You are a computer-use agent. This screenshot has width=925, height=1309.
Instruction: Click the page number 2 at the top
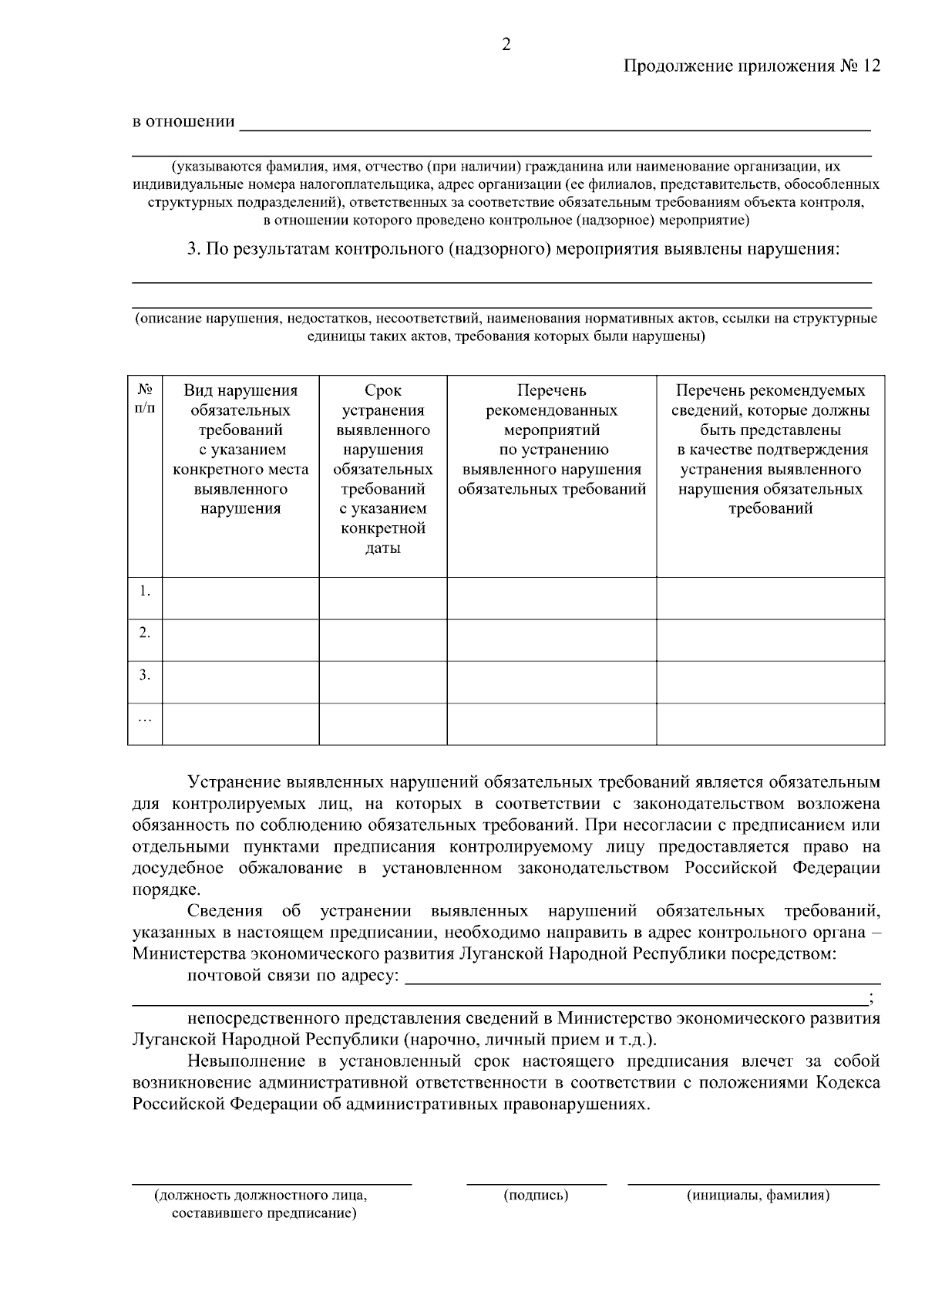(x=506, y=45)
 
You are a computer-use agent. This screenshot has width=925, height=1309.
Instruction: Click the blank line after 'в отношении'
(x=555, y=123)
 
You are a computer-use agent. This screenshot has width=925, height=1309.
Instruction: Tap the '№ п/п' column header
(x=144, y=399)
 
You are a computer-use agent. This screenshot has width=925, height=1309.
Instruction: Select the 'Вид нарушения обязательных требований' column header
(x=240, y=449)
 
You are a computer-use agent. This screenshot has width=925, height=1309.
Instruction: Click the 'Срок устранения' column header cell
(x=383, y=469)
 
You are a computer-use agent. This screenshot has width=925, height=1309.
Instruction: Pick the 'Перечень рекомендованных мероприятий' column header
(x=551, y=440)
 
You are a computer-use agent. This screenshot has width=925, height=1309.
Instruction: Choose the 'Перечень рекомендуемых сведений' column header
(x=770, y=449)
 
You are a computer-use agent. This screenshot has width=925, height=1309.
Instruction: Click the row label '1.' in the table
(x=145, y=591)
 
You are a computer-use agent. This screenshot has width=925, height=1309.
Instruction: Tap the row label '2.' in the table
(x=145, y=633)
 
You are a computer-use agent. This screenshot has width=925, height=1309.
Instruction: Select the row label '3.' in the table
(x=145, y=675)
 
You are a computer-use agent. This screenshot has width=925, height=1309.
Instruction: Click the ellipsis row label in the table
(x=145, y=718)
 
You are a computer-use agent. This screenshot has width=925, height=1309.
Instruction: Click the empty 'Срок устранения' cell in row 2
(x=383, y=639)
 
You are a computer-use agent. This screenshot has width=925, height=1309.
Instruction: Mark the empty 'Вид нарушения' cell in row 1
(x=240, y=598)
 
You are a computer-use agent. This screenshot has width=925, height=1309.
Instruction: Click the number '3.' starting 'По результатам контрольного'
(x=193, y=250)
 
